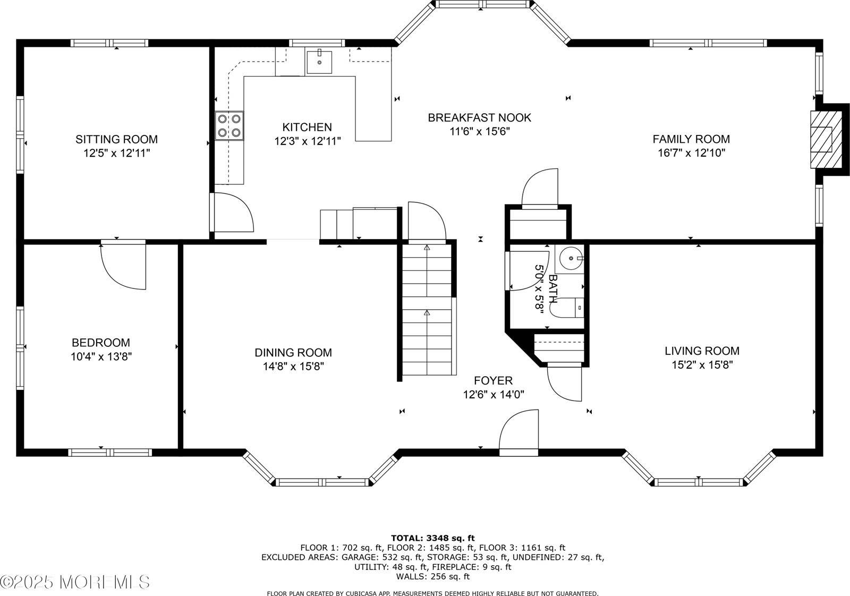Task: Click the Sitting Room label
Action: [x=116, y=139]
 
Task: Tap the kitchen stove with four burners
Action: [x=229, y=126]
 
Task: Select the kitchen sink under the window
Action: [x=319, y=62]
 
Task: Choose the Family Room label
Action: [x=691, y=139]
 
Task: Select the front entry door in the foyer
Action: [x=519, y=431]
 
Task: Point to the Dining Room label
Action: [x=293, y=353]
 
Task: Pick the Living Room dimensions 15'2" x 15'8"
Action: [x=702, y=365]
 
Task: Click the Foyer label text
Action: [x=493, y=381]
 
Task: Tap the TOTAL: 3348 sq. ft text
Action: [x=432, y=538]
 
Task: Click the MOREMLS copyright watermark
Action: [x=75, y=582]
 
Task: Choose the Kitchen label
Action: [x=307, y=127]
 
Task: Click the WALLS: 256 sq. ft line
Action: [x=432, y=576]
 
